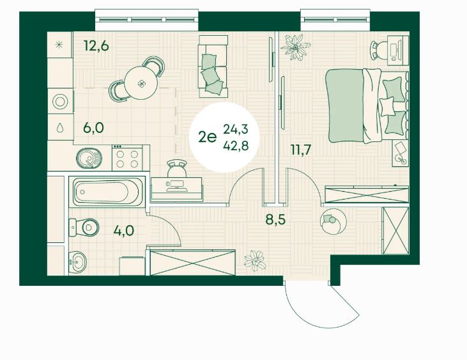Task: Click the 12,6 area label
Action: point(96,46)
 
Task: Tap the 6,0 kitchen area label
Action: point(93,128)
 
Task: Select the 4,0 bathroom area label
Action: point(124,230)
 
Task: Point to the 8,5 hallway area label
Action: point(275,219)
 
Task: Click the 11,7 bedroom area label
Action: point(301,149)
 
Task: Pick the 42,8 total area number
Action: point(236,146)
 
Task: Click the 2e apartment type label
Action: point(207,137)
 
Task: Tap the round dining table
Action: point(141,83)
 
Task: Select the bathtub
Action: point(107,192)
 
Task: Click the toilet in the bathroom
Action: point(84,228)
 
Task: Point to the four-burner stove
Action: point(127,158)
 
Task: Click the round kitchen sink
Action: point(89,158)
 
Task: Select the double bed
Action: point(367,106)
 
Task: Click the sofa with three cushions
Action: point(213,66)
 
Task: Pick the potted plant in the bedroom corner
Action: point(295,47)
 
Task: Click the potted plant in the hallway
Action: point(255,260)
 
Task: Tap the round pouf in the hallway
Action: point(333,221)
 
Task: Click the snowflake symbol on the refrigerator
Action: point(60,45)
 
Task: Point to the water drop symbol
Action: point(60,127)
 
